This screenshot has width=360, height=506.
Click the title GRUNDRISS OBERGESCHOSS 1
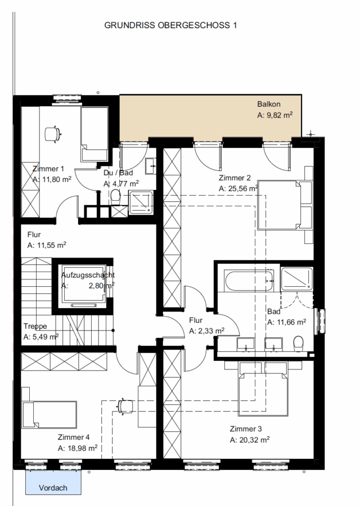[x=170, y=25]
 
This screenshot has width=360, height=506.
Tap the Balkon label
[x=269, y=104]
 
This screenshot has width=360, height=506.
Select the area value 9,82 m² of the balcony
[x=280, y=115]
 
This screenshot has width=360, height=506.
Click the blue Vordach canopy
[x=53, y=482]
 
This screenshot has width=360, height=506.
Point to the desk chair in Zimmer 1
[x=52, y=134]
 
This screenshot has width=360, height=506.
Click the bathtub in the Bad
[x=249, y=281]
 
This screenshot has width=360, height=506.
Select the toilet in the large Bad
[x=299, y=344]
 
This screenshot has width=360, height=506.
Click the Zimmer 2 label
[x=235, y=178]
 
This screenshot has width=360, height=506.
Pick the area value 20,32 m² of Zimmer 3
[x=254, y=440]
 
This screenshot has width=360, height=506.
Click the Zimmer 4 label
[x=74, y=437]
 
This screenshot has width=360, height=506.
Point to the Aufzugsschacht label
[x=88, y=275]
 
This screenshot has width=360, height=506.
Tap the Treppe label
[x=35, y=326]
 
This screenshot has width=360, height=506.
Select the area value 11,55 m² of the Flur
[x=51, y=245]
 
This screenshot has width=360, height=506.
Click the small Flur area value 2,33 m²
[x=211, y=331]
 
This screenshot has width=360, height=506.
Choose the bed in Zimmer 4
[x=49, y=415]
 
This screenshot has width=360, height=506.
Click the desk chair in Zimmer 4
[x=125, y=406]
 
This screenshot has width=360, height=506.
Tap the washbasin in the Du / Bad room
[x=151, y=166]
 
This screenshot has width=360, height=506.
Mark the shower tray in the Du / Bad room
[x=141, y=202]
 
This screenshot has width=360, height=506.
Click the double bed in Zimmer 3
[x=263, y=388]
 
